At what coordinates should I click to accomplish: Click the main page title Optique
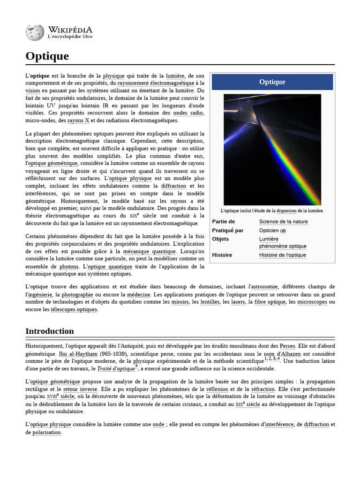47,56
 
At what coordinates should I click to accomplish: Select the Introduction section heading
49,331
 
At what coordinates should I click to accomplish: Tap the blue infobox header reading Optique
272,82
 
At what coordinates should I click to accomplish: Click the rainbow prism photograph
272,150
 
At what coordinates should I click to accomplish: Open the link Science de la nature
283,221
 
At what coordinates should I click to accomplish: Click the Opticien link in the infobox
269,230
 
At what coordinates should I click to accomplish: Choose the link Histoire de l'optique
282,255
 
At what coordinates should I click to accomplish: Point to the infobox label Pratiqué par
228,230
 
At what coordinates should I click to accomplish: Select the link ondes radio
188,113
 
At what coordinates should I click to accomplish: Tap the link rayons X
78,120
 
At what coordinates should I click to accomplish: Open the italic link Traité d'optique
115,369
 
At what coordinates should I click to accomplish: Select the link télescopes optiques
74,309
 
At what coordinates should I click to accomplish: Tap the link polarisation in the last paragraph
46,432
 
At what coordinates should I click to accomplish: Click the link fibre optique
270,302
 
